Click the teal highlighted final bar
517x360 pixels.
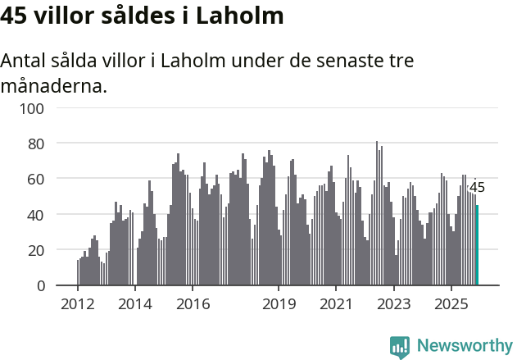477,245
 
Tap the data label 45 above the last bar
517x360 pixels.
477,188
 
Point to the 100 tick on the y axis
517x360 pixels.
31,108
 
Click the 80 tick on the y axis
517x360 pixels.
35,144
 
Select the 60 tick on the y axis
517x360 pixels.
35,179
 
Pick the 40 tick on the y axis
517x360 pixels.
35,215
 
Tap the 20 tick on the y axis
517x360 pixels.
35,250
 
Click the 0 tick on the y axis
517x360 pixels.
39,285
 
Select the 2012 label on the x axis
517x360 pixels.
78,304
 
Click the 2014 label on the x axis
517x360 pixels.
135,304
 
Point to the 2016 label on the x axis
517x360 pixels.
193,304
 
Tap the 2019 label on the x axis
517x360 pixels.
279,304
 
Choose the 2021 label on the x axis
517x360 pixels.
336,304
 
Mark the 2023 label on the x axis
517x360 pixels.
393,304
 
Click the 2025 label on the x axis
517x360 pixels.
451,304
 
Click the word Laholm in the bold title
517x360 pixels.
241,16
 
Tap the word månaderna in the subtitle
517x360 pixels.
54,84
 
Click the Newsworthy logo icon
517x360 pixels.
400,347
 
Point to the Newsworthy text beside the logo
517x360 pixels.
465,346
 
